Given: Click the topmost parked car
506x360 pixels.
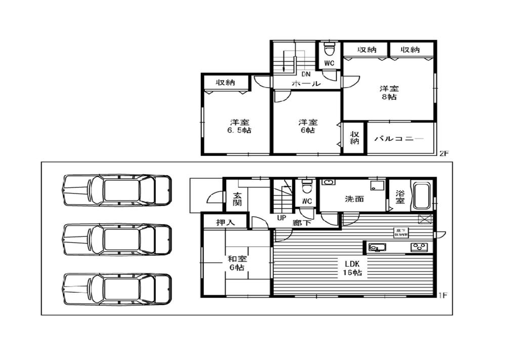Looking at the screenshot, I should (x=117, y=190).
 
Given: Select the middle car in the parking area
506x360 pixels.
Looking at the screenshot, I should (x=117, y=239).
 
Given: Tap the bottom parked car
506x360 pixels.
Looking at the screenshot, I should (x=117, y=289).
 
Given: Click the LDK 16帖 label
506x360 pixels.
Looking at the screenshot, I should (x=350, y=267).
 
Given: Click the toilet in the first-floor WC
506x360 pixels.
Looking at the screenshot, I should (x=306, y=188).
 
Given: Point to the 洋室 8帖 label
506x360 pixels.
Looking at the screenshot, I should (x=389, y=93).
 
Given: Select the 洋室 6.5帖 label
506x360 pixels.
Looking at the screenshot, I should (x=239, y=126).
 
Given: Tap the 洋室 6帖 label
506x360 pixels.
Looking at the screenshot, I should (x=307, y=126).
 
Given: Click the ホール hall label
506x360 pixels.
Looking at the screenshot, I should (x=306, y=84).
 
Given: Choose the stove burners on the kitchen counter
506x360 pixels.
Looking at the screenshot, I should (x=419, y=247).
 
